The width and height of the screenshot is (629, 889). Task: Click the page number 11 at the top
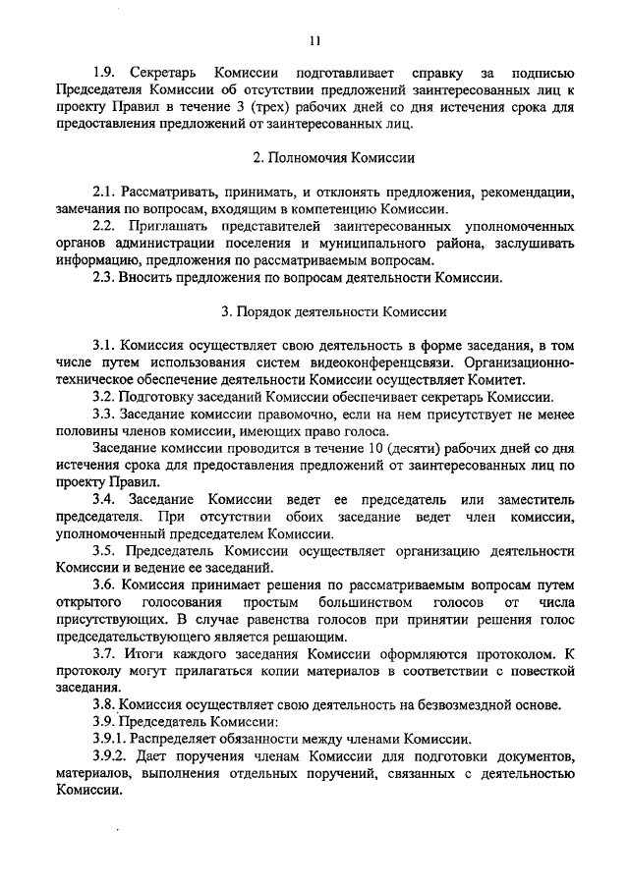tap(314, 40)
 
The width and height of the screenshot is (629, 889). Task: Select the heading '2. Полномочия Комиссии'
tap(334, 157)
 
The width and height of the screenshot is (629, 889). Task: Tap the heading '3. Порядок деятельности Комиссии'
tap(334, 312)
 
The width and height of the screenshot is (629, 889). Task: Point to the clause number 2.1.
tap(104, 191)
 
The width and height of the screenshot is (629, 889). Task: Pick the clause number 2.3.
tap(104, 277)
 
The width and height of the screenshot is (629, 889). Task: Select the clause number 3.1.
tap(104, 346)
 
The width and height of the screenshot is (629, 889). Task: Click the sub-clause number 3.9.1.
tap(111, 739)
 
